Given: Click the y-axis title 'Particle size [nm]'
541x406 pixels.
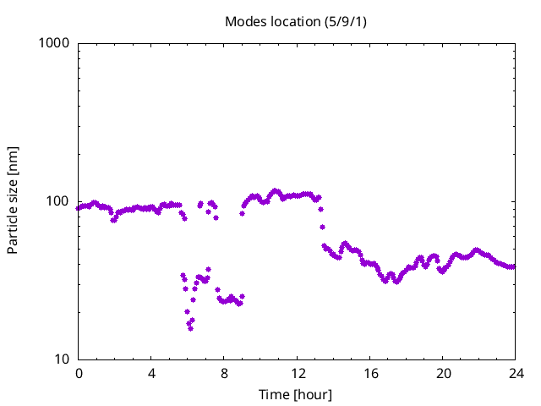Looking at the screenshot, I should tap(13, 200).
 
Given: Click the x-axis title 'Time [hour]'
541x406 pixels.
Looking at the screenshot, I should tap(295, 394).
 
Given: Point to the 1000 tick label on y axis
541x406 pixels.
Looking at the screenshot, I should tap(53, 43).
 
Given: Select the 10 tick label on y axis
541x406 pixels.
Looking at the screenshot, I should tap(61, 359).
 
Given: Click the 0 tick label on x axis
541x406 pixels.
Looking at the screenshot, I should tap(79, 373).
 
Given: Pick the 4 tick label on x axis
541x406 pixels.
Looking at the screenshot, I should tap(151, 373).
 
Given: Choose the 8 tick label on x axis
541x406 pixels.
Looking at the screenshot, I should tap(224, 373).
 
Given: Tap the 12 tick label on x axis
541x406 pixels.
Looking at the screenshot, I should tap(297, 373).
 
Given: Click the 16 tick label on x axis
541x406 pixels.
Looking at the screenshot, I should tap(369, 373).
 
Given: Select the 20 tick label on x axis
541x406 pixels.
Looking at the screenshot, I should tap(442, 373).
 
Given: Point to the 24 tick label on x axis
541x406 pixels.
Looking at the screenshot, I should tap(515, 373).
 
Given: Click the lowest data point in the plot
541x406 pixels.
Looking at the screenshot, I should tap(190, 327).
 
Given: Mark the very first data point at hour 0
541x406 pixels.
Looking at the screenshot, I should tap(79, 208).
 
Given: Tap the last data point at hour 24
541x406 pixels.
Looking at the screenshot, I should tap(513, 266).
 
